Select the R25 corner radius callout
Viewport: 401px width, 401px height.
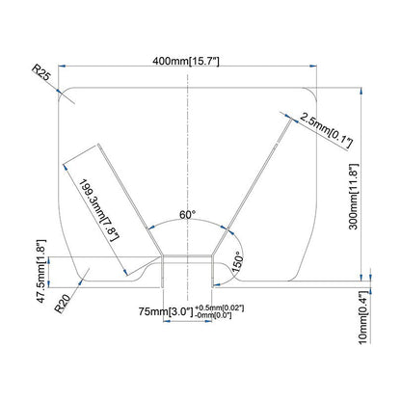pos(42,72)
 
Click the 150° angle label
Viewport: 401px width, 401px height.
pos(234,262)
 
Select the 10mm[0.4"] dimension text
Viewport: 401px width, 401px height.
pos(364,317)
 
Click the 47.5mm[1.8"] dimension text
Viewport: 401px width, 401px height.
pos(40,272)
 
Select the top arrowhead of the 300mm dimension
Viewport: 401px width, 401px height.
pos(361,90)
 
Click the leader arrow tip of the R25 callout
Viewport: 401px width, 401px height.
pos(65,93)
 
